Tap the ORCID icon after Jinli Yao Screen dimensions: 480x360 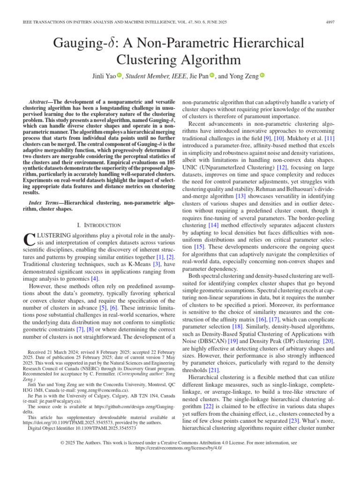pos(120,76)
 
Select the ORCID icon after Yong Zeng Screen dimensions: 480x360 pos(262,76)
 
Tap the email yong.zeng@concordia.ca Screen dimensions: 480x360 pos(106,390)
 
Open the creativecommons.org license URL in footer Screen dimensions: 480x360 pos(179,448)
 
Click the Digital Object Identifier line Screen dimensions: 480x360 pos(82,428)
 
